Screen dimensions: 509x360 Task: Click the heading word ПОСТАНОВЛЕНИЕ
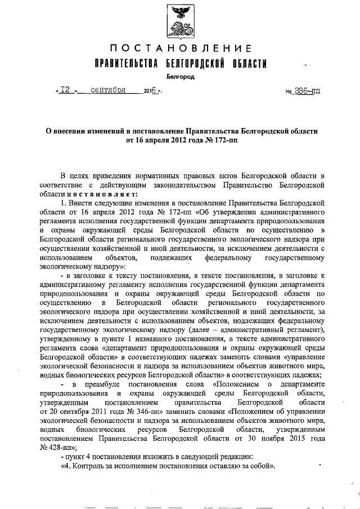(180, 49)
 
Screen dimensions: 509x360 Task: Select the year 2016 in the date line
(151, 90)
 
